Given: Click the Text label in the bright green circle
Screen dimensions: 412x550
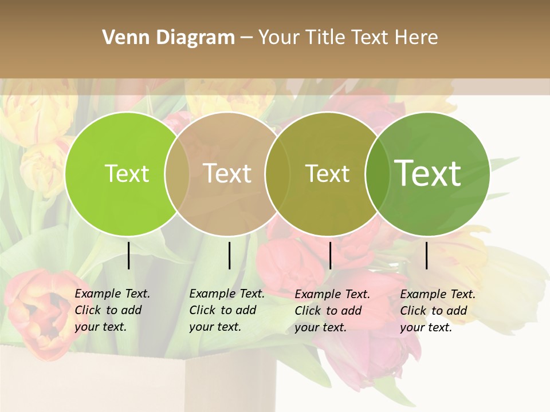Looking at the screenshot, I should pyautogui.click(x=127, y=173).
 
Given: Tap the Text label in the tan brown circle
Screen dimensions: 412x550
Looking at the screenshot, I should pyautogui.click(x=227, y=173).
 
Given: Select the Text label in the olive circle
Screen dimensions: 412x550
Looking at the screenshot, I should pyautogui.click(x=327, y=173).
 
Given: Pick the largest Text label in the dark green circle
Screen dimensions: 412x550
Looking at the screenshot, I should pyautogui.click(x=428, y=173).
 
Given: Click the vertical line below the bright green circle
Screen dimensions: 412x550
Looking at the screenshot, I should pyautogui.click(x=129, y=255).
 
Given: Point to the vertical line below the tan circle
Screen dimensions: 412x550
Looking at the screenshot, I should pyautogui.click(x=229, y=255).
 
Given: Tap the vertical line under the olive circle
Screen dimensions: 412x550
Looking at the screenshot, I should pyautogui.click(x=331, y=255).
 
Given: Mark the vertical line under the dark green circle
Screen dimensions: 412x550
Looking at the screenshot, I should pyautogui.click(x=427, y=255).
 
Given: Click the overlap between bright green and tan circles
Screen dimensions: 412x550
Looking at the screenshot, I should pyautogui.click(x=177, y=173).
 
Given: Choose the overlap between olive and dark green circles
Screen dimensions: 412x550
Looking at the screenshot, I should pyautogui.click(x=376, y=173).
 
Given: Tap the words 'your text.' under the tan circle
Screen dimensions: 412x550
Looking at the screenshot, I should pyautogui.click(x=215, y=327).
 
